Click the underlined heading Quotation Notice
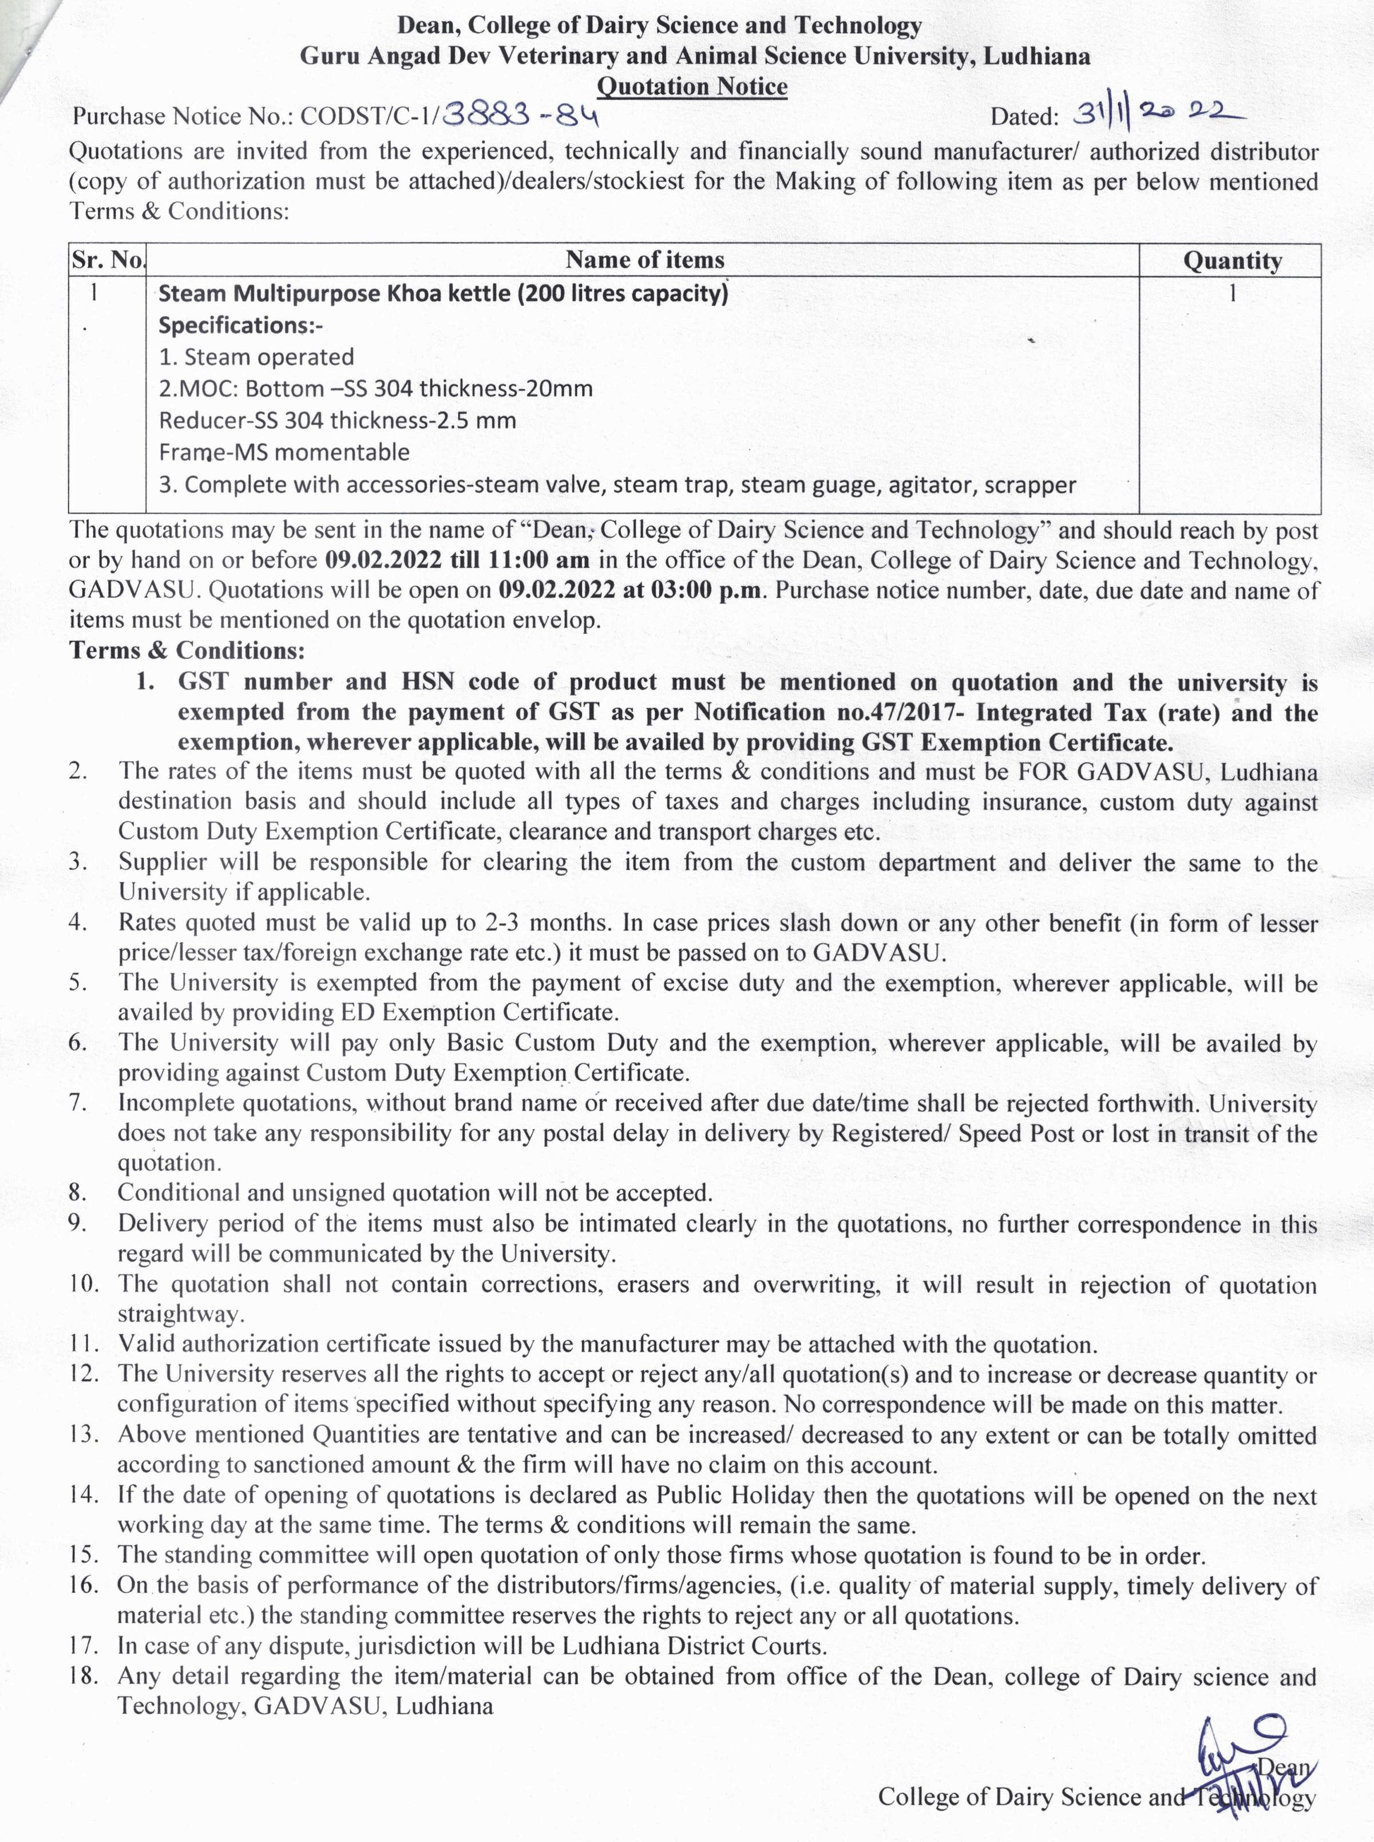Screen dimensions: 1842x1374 pyautogui.click(x=692, y=86)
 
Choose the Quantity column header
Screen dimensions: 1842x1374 pyautogui.click(x=1232, y=261)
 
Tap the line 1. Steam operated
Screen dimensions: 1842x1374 pyautogui.click(x=256, y=357)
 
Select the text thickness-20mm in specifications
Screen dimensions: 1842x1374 pyautogui.click(x=513, y=389)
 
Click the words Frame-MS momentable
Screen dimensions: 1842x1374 pyautogui.click(x=284, y=452)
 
